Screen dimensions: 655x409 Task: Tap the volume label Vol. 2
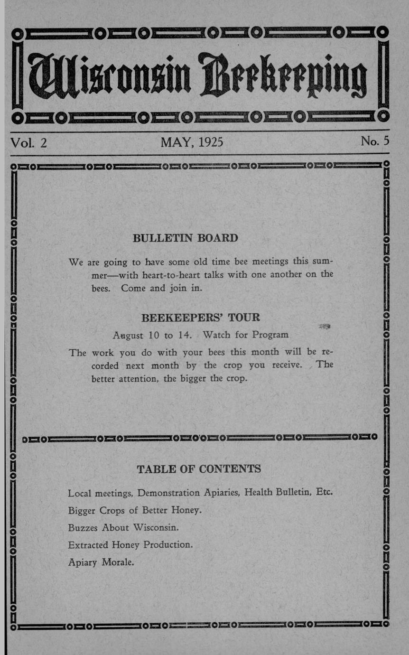tap(28, 142)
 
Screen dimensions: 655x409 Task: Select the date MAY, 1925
tap(192, 142)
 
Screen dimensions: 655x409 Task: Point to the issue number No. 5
tap(374, 141)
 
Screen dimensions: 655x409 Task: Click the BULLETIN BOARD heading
tap(185, 238)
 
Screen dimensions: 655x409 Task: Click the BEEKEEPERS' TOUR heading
tap(200, 318)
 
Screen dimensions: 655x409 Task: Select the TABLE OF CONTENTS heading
tap(198, 469)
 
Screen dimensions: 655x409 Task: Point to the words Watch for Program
tap(245, 335)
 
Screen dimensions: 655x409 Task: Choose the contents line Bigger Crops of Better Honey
tap(135, 510)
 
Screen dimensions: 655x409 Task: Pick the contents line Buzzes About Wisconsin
tap(123, 527)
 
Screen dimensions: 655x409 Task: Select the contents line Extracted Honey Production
tap(130, 545)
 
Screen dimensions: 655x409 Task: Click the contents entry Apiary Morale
tap(101, 562)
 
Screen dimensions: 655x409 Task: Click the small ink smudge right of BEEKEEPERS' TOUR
tap(325, 326)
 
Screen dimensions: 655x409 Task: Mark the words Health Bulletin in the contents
tap(278, 492)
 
